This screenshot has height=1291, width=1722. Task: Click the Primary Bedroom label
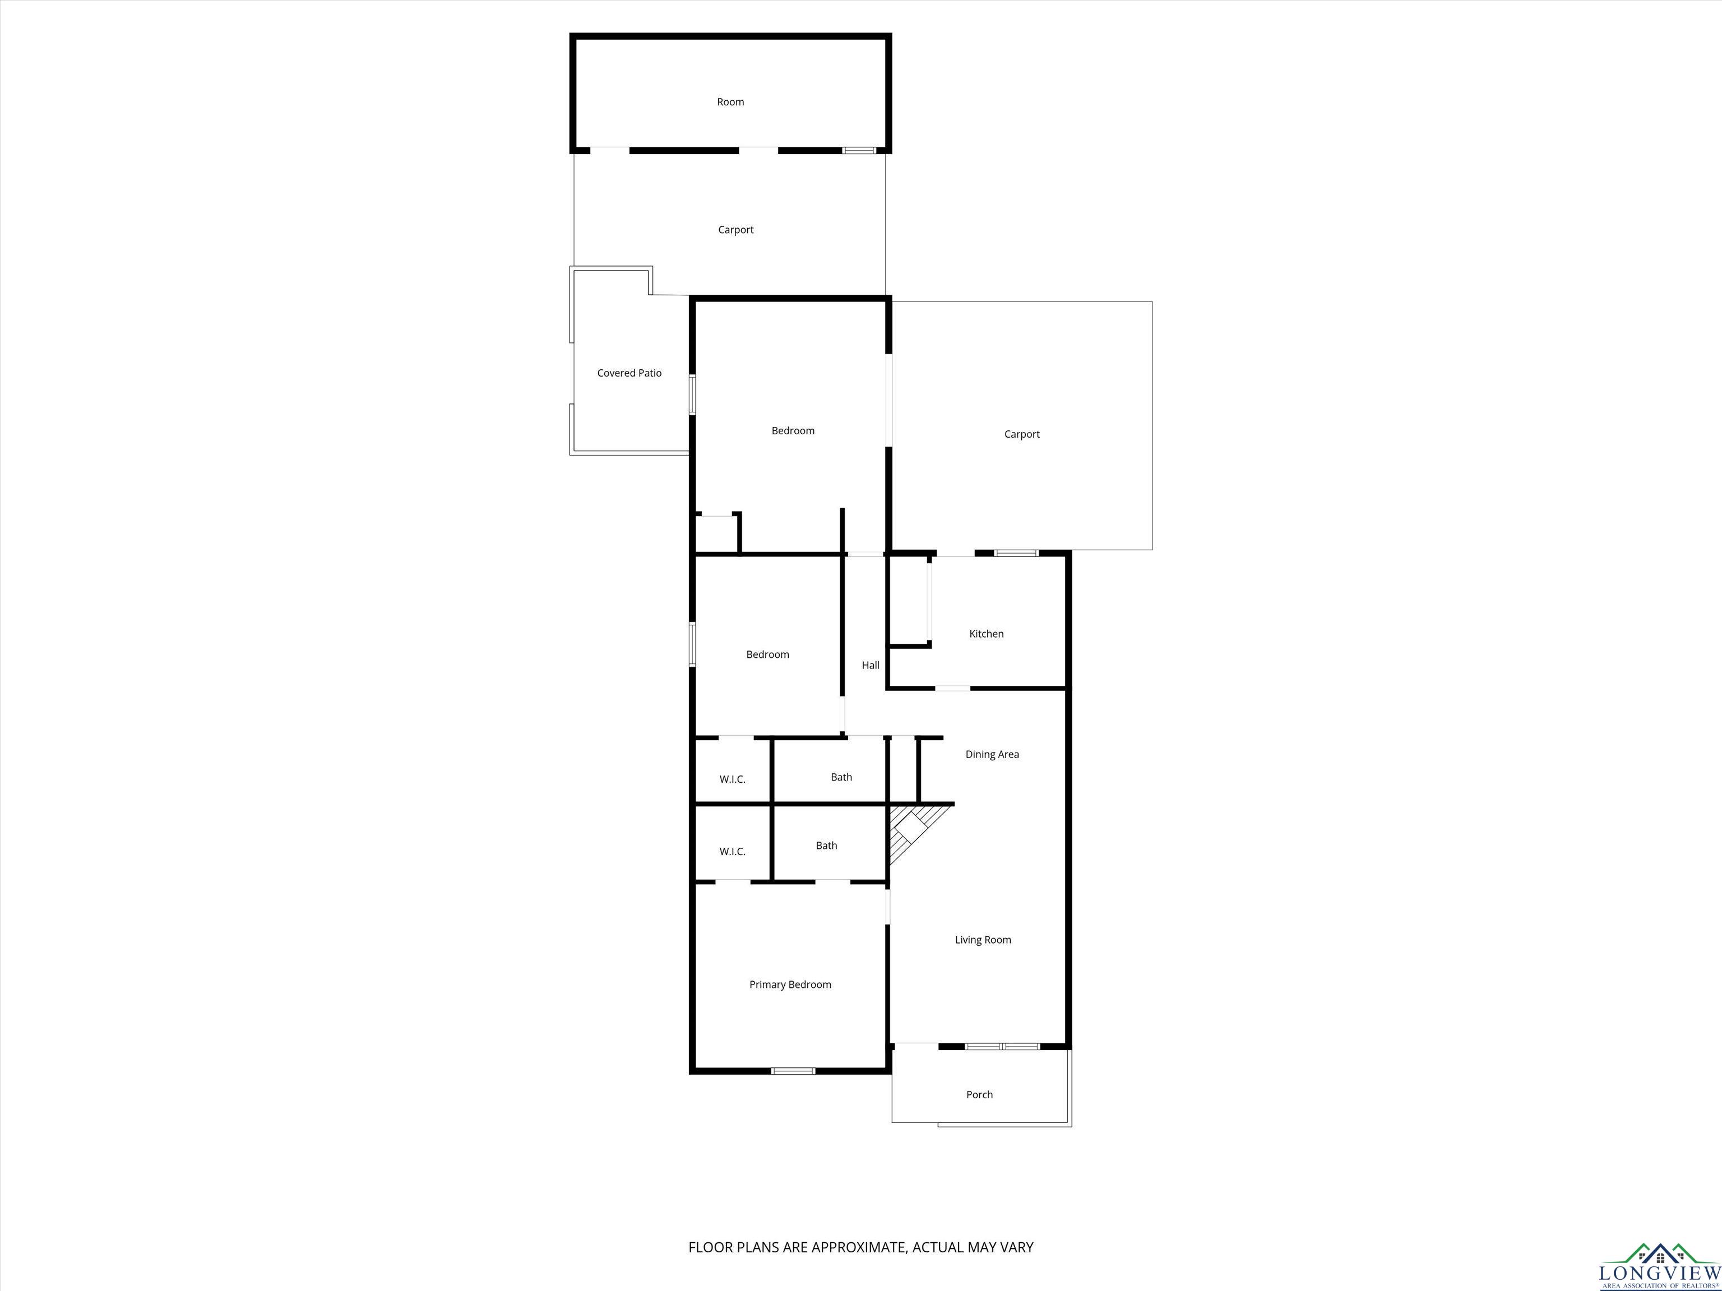790,985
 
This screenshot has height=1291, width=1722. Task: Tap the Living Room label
983,940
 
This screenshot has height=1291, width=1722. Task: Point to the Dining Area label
992,754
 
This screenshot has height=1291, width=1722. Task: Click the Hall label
871,665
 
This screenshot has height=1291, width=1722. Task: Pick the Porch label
979,1095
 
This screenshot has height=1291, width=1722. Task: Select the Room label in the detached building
730,102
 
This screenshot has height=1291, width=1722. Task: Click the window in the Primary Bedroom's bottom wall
793,1071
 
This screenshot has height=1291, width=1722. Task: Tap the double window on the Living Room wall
1002,1047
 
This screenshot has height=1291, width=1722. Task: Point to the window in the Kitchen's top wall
1016,553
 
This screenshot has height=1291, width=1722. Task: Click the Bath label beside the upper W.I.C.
841,777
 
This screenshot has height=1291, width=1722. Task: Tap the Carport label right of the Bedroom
1021,434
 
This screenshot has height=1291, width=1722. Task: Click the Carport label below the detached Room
735,230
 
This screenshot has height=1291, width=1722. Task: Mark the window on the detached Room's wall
859,150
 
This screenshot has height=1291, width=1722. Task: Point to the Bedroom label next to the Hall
767,654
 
